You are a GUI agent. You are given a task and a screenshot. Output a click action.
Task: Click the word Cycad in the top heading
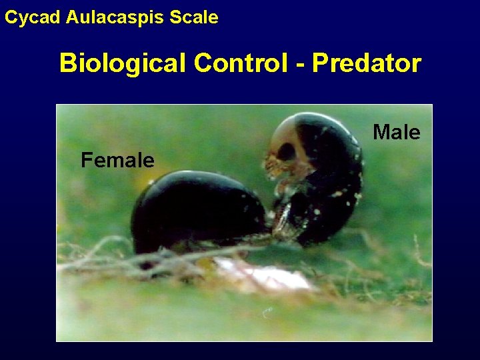coord(33,17)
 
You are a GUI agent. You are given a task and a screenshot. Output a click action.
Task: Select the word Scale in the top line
coord(194,17)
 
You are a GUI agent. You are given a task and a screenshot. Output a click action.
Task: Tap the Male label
coord(397,133)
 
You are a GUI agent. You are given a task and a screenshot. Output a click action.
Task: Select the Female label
coord(117,160)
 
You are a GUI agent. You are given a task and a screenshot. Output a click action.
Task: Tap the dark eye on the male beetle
coord(287,152)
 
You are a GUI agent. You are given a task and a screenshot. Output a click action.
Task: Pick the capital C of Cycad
coord(11,17)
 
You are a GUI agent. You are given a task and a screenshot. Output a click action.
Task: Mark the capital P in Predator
coord(321,63)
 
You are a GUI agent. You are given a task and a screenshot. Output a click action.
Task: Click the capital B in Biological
coord(67,63)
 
